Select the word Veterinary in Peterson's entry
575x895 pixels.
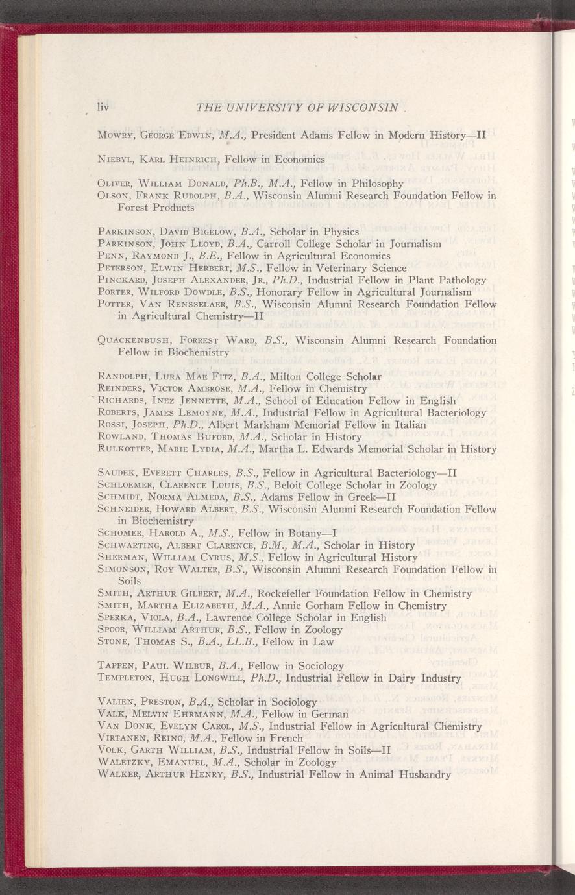point(324,268)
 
